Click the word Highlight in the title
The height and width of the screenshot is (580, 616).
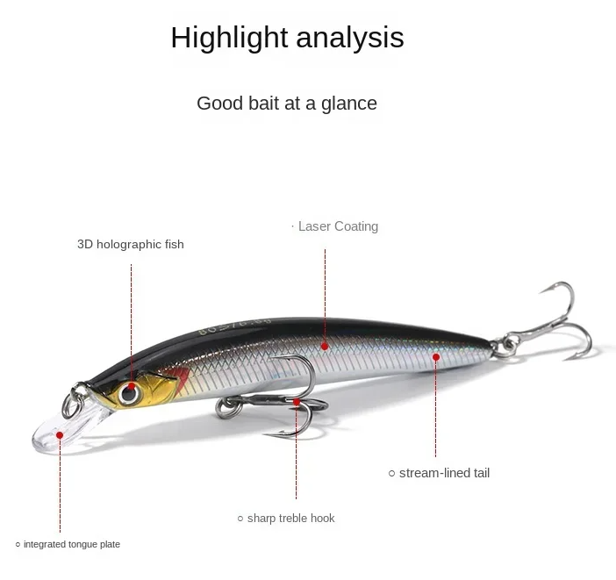tap(229, 38)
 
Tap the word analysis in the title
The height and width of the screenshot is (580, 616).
tap(349, 38)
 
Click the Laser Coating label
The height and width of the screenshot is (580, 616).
tap(338, 226)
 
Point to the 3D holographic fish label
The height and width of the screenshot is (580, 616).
tap(131, 245)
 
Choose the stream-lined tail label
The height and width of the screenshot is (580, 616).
tap(444, 473)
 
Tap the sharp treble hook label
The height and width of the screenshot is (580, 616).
tap(291, 519)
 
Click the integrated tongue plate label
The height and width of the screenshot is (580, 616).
tap(72, 544)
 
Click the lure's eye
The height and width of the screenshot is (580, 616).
tap(128, 392)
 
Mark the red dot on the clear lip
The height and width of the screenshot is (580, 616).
tap(60, 435)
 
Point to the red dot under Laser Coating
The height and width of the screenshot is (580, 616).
tap(325, 347)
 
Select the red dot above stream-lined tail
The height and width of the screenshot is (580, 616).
tap(436, 357)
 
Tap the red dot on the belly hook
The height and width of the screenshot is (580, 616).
tap(297, 402)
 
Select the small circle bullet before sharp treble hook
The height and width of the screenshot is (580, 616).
tap(240, 519)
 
